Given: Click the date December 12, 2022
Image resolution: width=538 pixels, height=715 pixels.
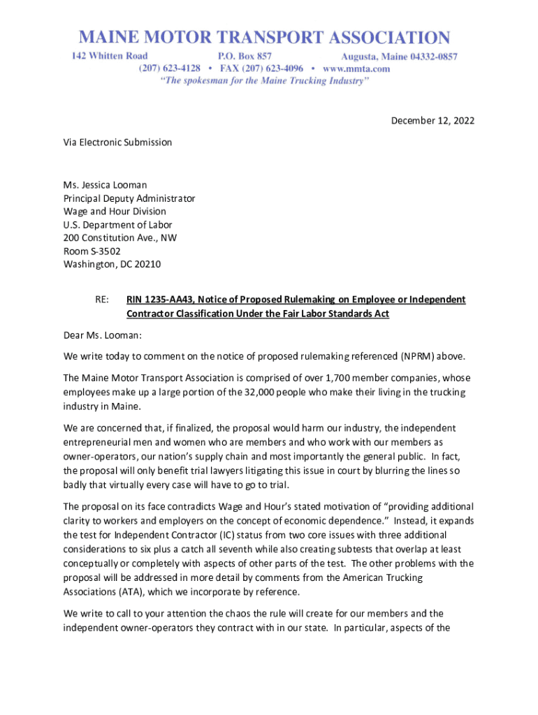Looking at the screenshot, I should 432,121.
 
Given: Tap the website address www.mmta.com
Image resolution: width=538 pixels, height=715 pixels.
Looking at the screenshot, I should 356,68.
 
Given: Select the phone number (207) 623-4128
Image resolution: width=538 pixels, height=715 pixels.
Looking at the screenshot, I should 170,68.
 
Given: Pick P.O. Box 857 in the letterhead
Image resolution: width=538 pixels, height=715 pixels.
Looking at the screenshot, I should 245,56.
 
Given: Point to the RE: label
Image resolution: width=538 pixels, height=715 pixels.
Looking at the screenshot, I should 101,300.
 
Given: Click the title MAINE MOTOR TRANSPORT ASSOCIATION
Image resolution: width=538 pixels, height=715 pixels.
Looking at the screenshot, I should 264,37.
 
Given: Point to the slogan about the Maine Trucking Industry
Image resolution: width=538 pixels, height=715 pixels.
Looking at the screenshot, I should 265,81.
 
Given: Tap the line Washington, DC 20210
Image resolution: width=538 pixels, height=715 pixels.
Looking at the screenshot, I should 112,264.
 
